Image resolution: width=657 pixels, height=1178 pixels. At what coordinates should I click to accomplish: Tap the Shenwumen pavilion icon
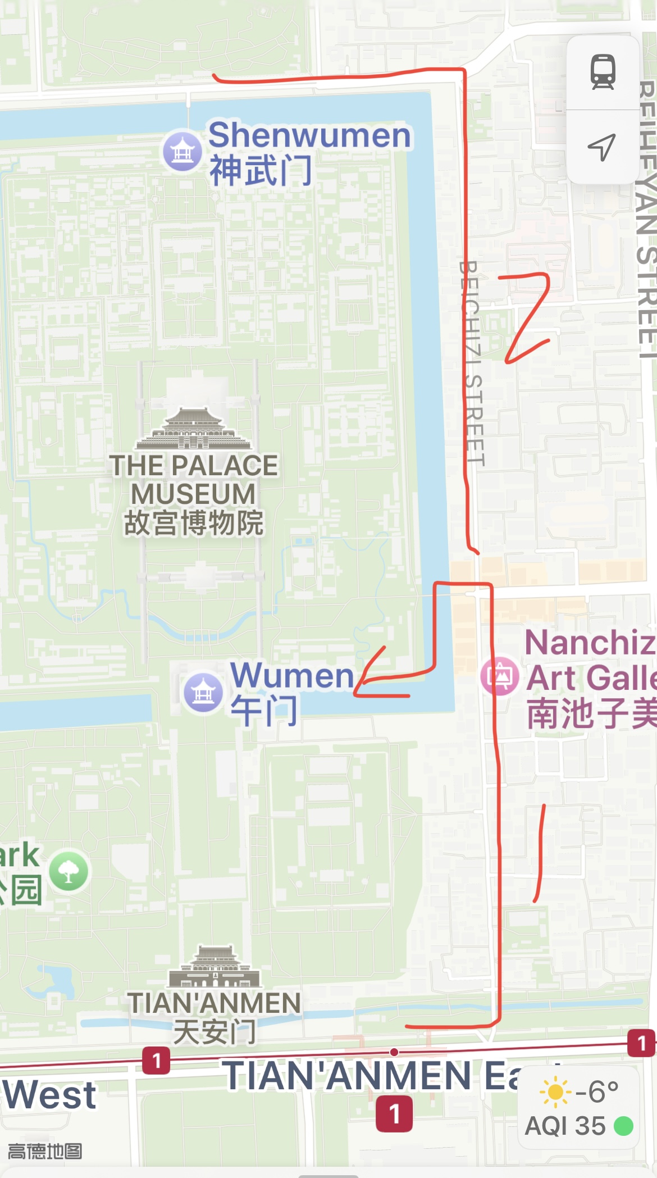[182, 151]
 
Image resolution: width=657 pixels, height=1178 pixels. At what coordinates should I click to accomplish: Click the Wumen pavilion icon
[203, 693]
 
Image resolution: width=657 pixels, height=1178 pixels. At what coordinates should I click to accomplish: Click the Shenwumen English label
[309, 135]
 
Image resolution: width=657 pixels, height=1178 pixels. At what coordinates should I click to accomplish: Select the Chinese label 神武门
[261, 171]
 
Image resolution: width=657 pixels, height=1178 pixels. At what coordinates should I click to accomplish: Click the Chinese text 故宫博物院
[193, 523]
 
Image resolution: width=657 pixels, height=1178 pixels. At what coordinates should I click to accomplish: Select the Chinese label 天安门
[215, 1033]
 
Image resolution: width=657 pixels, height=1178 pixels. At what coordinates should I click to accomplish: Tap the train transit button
[603, 72]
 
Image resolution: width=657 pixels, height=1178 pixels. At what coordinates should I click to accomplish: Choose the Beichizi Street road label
[472, 362]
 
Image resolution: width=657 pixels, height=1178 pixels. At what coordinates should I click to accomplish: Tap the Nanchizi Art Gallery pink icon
[499, 676]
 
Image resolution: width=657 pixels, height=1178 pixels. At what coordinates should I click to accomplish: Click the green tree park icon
[69, 871]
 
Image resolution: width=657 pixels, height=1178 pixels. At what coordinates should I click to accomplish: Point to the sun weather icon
[555, 1092]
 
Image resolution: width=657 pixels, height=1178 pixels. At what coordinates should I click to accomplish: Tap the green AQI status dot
[623, 1126]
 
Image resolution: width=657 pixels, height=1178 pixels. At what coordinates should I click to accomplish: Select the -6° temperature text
[597, 1092]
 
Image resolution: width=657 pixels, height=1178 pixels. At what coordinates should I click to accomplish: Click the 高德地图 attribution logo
[45, 1152]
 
